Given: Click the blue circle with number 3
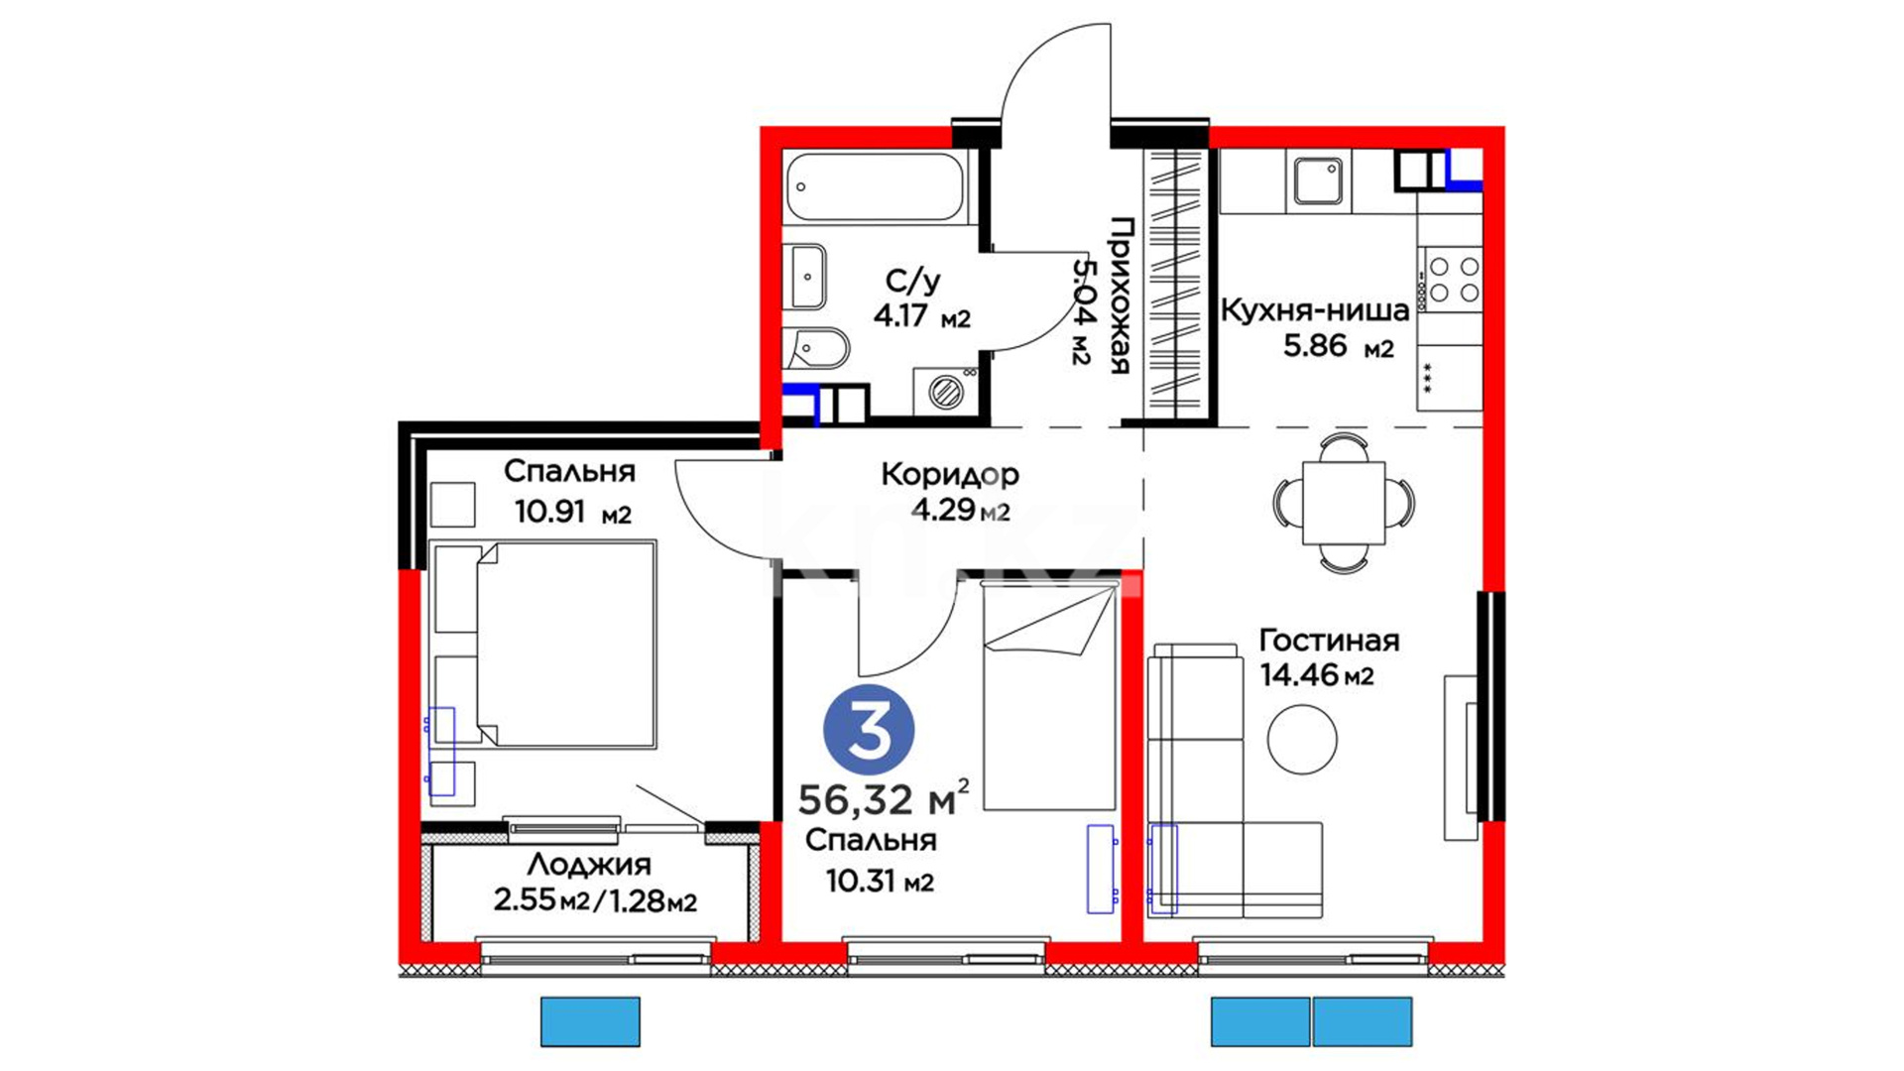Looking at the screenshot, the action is point(869,730).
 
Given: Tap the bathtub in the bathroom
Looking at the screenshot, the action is point(875,186).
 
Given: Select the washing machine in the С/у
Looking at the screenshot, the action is point(946,390).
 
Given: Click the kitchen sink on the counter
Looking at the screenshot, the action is point(1318,181).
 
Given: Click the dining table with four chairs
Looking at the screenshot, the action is point(1344,503).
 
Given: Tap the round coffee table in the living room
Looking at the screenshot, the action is point(1302,739).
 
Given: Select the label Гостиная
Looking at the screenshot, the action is point(1329,641).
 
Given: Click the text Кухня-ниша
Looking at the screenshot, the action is point(1314,310).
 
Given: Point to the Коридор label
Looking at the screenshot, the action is point(949,475).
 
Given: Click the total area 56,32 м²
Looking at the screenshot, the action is point(884,797).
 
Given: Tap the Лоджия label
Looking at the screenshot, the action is point(589,865).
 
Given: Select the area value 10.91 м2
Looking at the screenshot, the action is point(572,512).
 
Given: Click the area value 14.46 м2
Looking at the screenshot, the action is point(1316,675).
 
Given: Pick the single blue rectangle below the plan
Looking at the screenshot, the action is point(590,1021).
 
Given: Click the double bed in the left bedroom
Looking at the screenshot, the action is point(544,644).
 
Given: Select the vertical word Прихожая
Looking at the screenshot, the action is point(1119,296).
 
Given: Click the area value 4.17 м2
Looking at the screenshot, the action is point(921,317).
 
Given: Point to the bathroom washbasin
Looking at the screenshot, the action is point(806,277).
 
